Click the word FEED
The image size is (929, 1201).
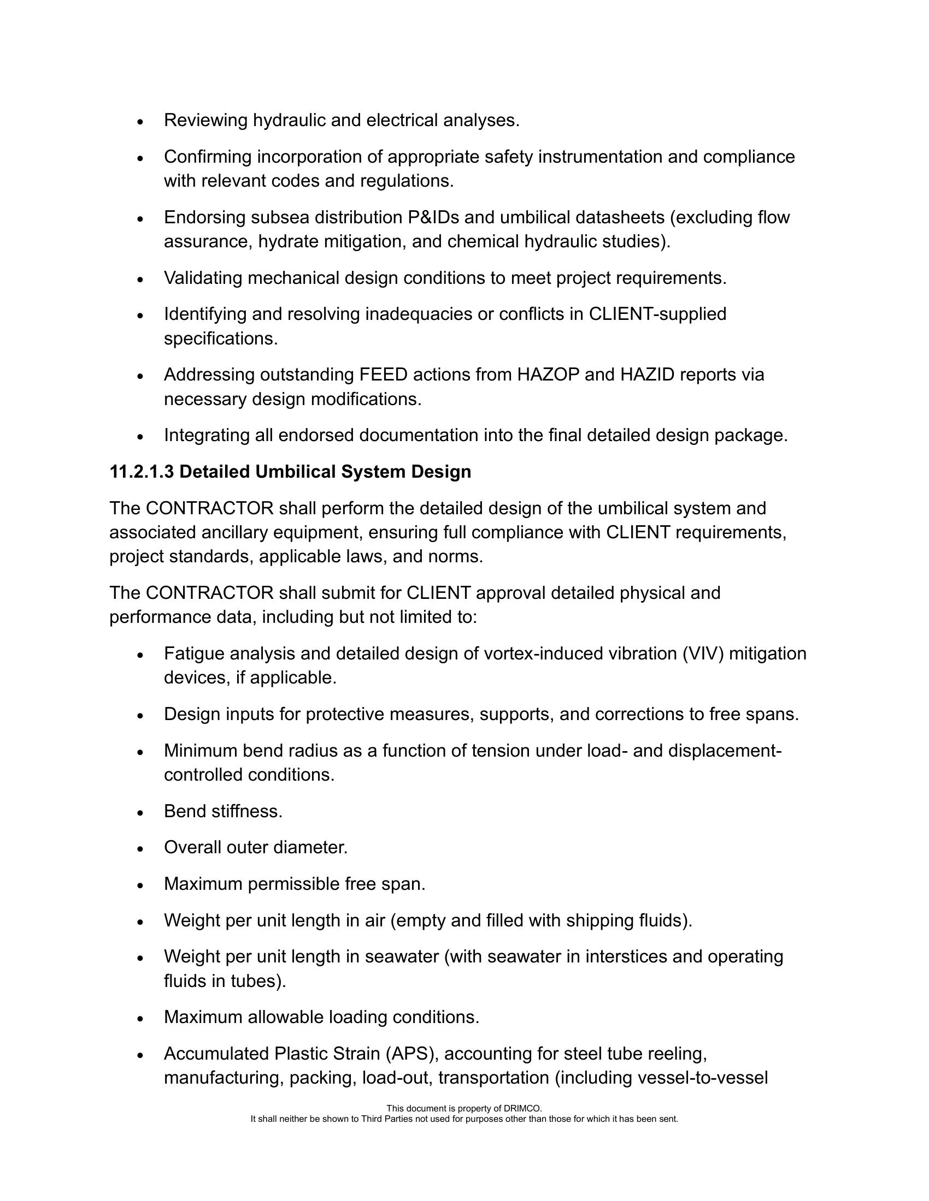coord(383,374)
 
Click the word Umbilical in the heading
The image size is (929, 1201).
coord(295,472)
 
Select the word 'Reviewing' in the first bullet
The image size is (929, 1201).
coord(206,120)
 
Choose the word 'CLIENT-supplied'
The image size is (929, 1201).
coord(657,314)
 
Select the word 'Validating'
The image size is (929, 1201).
coord(203,278)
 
